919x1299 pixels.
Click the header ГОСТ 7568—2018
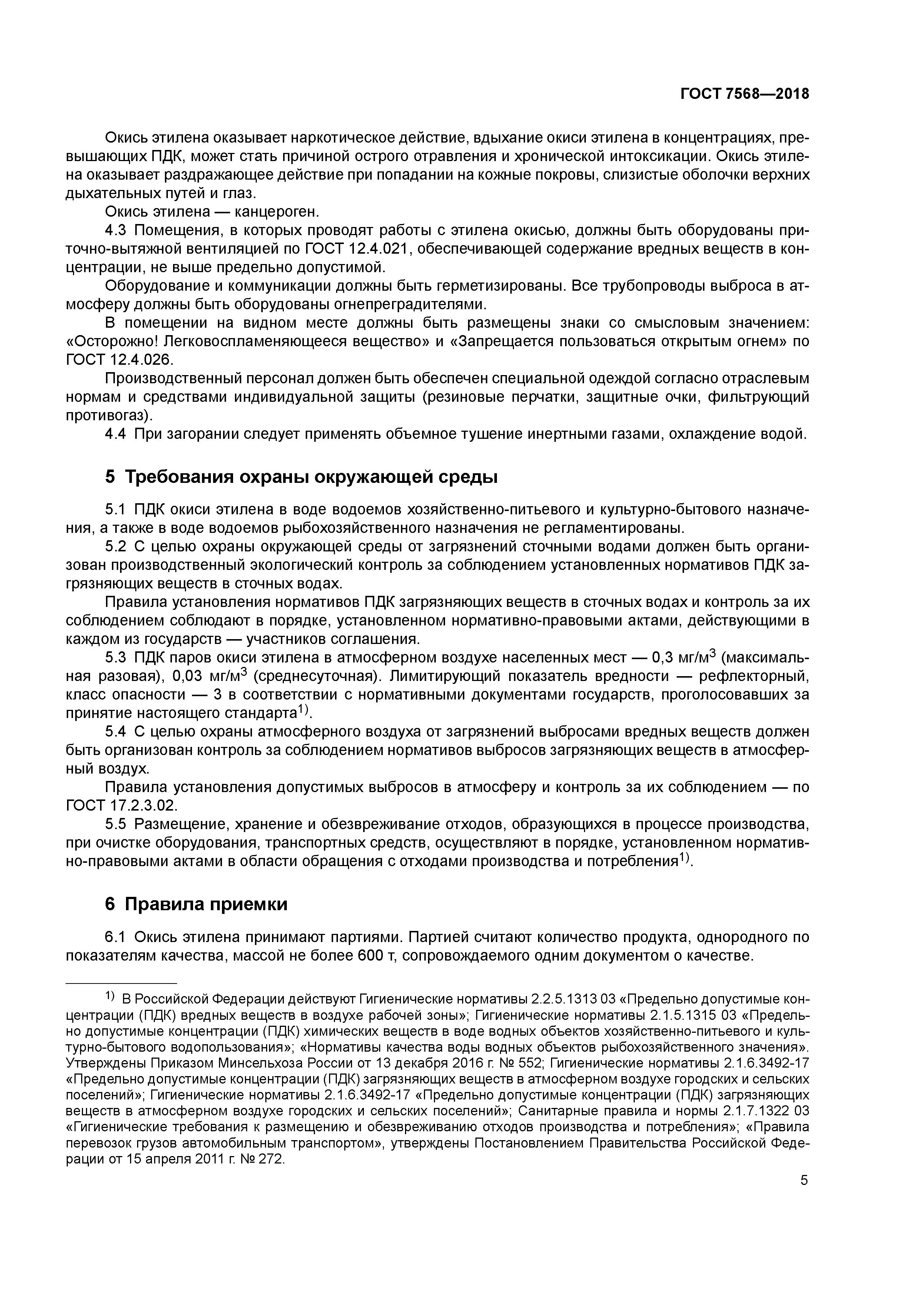click(x=744, y=94)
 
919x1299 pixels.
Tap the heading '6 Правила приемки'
click(x=196, y=904)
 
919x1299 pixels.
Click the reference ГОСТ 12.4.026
click(x=120, y=360)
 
